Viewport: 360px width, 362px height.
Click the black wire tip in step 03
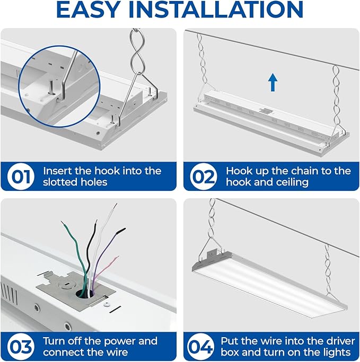95,222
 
